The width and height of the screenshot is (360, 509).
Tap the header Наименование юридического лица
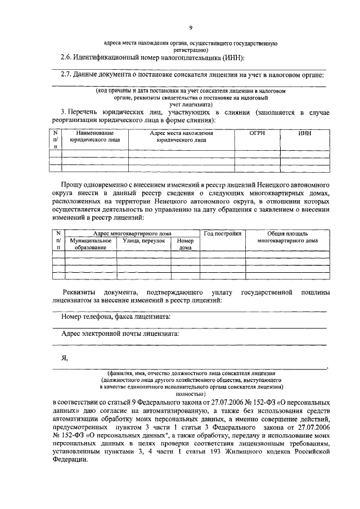pos(91,137)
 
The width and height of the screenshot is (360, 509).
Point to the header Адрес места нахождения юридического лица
pos(181,137)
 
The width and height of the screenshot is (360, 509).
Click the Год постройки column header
pos(222,233)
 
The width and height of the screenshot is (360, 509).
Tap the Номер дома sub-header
pos(185,244)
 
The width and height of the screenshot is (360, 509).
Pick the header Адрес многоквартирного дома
pos(133,233)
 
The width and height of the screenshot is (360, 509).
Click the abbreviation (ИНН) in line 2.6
pos(232,57)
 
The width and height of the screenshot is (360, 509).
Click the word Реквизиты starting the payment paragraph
pos(79,292)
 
